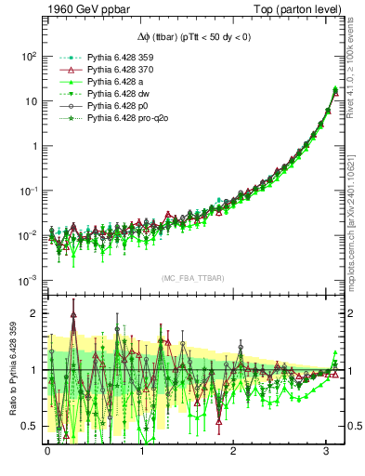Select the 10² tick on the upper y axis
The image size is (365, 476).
pyautogui.click(x=26, y=56)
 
